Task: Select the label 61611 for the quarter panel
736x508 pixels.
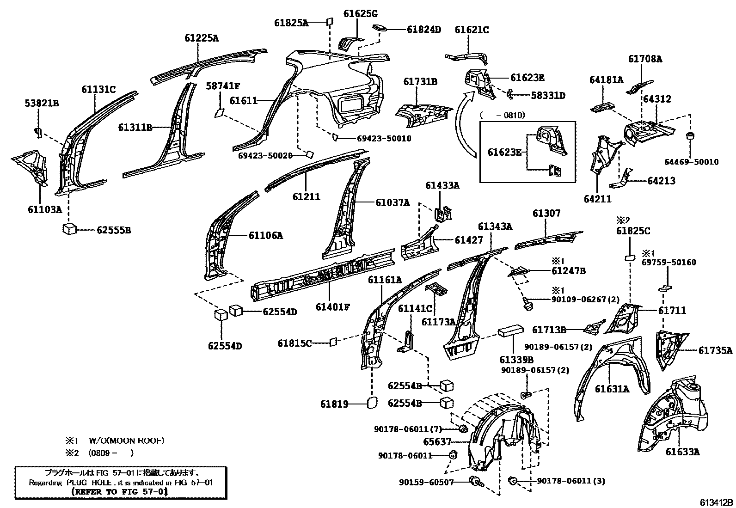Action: (x=243, y=100)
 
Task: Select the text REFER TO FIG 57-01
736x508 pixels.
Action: (x=120, y=492)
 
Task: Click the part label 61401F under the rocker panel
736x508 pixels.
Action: (x=333, y=306)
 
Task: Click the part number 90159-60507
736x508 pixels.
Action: (x=426, y=483)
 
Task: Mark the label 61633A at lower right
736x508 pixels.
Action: (x=683, y=452)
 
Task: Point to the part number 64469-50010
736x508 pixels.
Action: (x=691, y=162)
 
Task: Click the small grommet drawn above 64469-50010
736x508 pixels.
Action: (x=690, y=138)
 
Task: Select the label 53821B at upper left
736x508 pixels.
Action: (x=42, y=104)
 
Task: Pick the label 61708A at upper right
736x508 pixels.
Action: (x=645, y=59)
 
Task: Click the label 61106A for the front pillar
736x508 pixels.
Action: (x=265, y=236)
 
